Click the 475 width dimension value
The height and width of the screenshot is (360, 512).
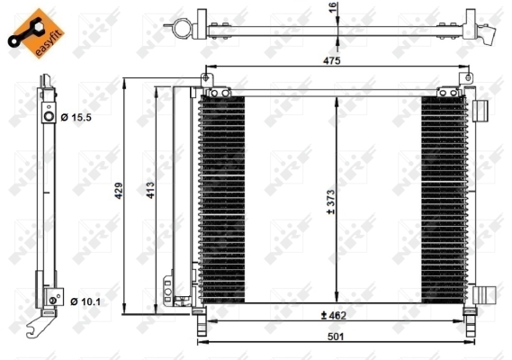coord(331,61)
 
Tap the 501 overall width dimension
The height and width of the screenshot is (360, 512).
coord(336,337)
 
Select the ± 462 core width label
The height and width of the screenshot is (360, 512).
coord(334,316)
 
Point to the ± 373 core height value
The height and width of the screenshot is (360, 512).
coord(331,202)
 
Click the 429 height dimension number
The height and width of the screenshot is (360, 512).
coord(119,191)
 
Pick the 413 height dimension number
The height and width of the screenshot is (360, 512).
coord(150,190)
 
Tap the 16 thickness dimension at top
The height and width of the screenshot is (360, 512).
coord(332,7)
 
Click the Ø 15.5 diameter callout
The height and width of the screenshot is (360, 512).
coord(76,117)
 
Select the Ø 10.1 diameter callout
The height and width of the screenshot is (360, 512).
coord(85,301)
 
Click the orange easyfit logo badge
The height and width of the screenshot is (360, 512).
coord(36,33)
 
